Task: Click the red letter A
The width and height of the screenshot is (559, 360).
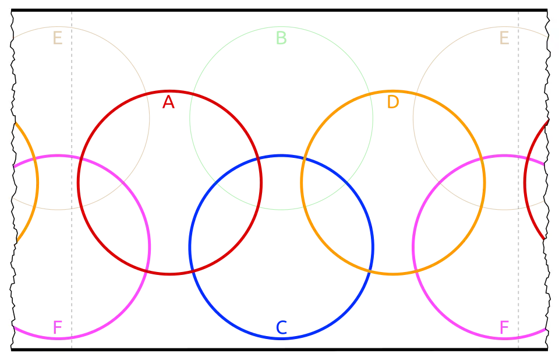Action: click(x=168, y=103)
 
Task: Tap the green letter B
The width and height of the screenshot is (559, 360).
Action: click(x=281, y=38)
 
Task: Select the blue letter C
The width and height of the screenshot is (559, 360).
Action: click(x=281, y=328)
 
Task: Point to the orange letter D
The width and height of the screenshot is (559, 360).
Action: click(x=394, y=103)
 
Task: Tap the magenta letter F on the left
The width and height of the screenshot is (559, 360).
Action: click(x=57, y=327)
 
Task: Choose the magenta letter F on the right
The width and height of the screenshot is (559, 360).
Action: click(x=504, y=327)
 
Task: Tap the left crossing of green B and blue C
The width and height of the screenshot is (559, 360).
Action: click(x=216, y=183)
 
